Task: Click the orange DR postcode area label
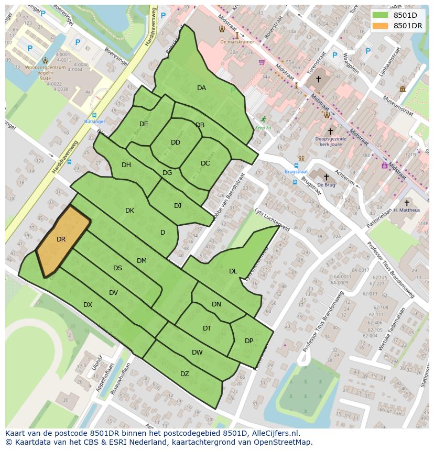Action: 61,239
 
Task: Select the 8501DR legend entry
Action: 407,26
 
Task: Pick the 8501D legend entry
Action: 405,15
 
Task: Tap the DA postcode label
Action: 201,88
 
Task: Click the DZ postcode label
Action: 185,374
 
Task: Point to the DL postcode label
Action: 233,271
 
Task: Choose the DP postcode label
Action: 249,341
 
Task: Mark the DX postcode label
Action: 88,305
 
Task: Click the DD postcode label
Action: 176,142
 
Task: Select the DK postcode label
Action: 130,211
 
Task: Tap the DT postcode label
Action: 207,328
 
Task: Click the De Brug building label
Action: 326,185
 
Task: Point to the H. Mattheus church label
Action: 407,210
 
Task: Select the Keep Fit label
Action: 263,127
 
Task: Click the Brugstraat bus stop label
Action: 296,171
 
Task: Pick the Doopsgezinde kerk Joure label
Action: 330,142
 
